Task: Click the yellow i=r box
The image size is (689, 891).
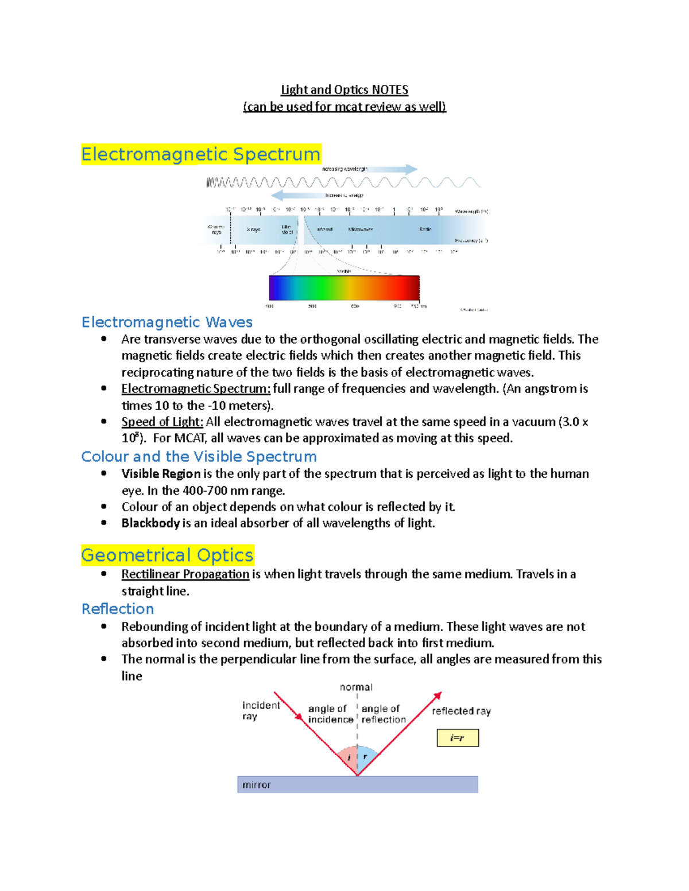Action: click(x=458, y=738)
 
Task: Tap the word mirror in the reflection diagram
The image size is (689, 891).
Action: click(x=256, y=785)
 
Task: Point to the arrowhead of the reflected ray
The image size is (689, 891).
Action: click(x=438, y=696)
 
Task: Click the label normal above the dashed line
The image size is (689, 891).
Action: click(x=356, y=687)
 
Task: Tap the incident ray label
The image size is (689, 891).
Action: click(x=261, y=711)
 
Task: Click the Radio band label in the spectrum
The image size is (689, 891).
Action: click(x=425, y=229)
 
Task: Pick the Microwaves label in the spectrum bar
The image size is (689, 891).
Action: click(x=361, y=229)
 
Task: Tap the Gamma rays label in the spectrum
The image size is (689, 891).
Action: click(x=216, y=229)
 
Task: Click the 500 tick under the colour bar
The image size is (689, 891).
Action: click(x=312, y=306)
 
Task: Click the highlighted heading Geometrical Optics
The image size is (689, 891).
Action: click(x=167, y=555)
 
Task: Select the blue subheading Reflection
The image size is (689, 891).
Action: click(x=118, y=609)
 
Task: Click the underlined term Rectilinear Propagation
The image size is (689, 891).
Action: click(x=185, y=574)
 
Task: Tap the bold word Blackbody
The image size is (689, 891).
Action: click(x=150, y=523)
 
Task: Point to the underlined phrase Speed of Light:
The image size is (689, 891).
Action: click(x=162, y=422)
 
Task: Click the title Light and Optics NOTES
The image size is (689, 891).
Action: click(x=344, y=90)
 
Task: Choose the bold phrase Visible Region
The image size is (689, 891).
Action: click(x=161, y=474)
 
